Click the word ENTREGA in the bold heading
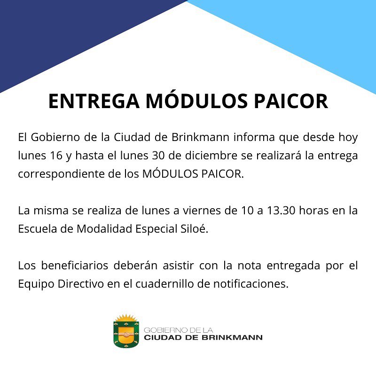pos(94,101)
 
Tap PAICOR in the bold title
pos(291,101)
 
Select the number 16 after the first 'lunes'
pos(56,156)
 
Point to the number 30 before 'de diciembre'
pos(158,156)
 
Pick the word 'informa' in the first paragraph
pos(254,137)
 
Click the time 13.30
pos(281,211)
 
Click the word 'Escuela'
pos(38,229)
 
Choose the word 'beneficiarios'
pos(75,266)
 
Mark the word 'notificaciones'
pos(251,284)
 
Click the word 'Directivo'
pos(80,284)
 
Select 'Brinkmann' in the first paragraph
pos(200,137)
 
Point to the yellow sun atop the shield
pos(126,318)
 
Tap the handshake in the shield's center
pos(126,334)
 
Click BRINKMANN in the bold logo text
pos(232,337)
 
